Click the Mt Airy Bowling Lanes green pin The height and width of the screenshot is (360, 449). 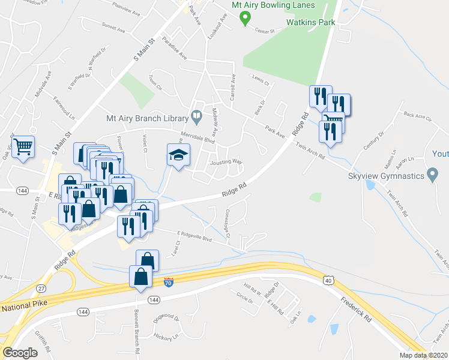[x=245, y=19]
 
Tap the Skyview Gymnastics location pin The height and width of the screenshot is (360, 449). [x=432, y=176]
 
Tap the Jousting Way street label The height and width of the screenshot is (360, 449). [x=226, y=162]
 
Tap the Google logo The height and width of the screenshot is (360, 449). [x=20, y=353]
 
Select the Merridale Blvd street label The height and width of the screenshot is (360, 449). [x=197, y=137]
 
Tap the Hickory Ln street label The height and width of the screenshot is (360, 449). [x=166, y=337]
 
